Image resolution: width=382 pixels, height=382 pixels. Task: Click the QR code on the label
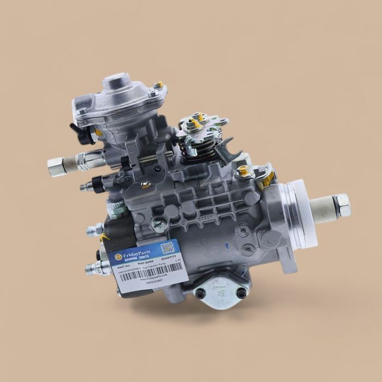166,248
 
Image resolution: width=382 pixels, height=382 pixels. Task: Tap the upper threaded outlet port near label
93,230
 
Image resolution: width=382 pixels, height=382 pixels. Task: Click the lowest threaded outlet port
92,268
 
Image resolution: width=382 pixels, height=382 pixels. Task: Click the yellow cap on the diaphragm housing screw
159,85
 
